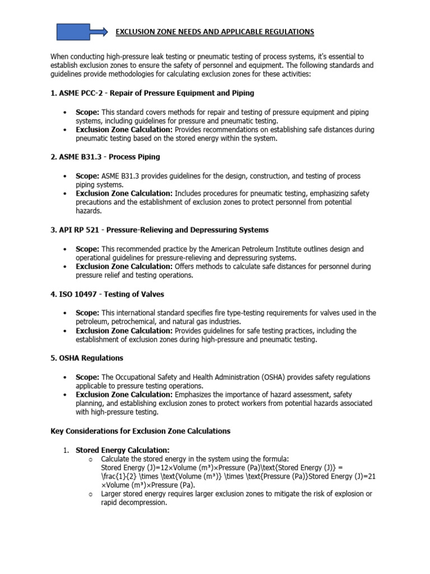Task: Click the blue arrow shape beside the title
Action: tap(81, 32)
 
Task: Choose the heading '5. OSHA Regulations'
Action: tap(87, 358)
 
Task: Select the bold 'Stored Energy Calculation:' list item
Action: tap(122, 450)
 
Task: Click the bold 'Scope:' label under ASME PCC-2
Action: tap(87, 112)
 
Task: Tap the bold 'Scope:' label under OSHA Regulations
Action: tap(87, 377)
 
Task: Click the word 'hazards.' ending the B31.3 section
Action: tap(89, 211)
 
